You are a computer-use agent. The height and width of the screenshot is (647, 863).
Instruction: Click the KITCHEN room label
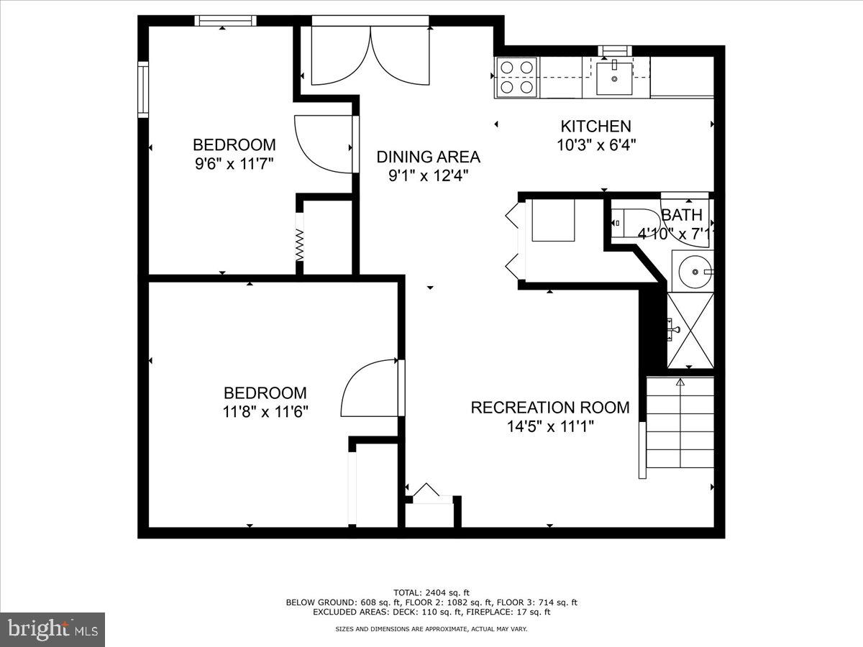click(595, 127)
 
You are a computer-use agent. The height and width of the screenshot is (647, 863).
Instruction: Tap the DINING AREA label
click(428, 157)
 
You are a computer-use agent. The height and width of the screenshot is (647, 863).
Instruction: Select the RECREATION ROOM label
click(549, 408)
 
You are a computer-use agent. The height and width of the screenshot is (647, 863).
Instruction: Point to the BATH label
click(681, 215)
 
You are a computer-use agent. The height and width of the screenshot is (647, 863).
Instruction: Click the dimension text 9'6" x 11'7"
click(234, 163)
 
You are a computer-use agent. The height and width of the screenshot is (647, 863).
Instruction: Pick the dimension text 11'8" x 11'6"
click(265, 412)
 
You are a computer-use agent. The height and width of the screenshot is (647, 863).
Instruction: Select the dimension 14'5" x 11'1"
click(549, 426)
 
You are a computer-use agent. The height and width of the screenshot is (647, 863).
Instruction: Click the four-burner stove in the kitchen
click(517, 77)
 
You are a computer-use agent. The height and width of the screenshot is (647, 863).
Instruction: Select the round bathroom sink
click(693, 271)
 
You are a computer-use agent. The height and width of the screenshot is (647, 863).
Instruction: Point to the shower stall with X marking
click(691, 330)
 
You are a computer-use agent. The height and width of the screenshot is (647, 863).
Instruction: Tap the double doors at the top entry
click(370, 56)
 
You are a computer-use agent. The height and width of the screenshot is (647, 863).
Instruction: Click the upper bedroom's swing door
click(324, 144)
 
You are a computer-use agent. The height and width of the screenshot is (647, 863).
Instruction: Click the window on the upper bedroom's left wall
click(143, 90)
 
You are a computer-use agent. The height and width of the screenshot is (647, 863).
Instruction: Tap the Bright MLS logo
click(52, 630)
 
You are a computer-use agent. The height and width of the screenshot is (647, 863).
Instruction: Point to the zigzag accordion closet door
click(300, 245)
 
